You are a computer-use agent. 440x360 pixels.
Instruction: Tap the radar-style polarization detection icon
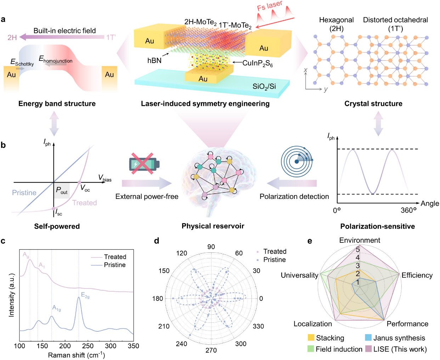pyautogui.click(x=297, y=161)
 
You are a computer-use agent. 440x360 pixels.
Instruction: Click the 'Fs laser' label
pyautogui.click(x=270, y=5)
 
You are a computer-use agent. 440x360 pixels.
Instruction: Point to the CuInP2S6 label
pyautogui.click(x=258, y=63)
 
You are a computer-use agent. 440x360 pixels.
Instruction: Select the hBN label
pyautogui.click(x=154, y=61)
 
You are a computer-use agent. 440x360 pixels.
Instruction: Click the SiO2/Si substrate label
pyautogui.click(x=264, y=86)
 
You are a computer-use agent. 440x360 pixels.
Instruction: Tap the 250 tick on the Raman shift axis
pyautogui.click(x=88, y=346)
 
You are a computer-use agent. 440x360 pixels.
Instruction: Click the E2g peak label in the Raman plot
pyautogui.click(x=85, y=295)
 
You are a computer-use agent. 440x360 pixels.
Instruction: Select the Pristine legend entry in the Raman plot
pyautogui.click(x=108, y=265)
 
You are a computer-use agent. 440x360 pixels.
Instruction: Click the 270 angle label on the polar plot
pyautogui.click(x=211, y=350)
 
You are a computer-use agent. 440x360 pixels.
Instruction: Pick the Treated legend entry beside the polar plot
pyautogui.click(x=271, y=251)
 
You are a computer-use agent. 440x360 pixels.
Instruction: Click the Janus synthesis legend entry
pyautogui.click(x=395, y=338)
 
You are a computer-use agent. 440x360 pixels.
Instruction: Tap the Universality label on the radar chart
pyautogui.click(x=299, y=275)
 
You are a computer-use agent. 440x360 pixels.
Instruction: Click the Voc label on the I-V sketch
pyautogui.click(x=85, y=188)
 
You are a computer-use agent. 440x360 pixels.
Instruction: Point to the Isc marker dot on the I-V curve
pyautogui.click(x=53, y=208)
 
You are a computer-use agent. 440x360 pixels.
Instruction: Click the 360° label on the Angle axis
pyautogui.click(x=408, y=211)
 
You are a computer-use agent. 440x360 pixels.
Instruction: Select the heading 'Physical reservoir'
pyautogui.click(x=213, y=226)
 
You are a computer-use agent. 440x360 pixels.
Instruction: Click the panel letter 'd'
pyautogui.click(x=157, y=241)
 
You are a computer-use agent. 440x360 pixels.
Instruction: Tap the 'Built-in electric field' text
pyautogui.click(x=65, y=31)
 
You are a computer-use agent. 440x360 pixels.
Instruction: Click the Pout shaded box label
pyautogui.click(x=62, y=190)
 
